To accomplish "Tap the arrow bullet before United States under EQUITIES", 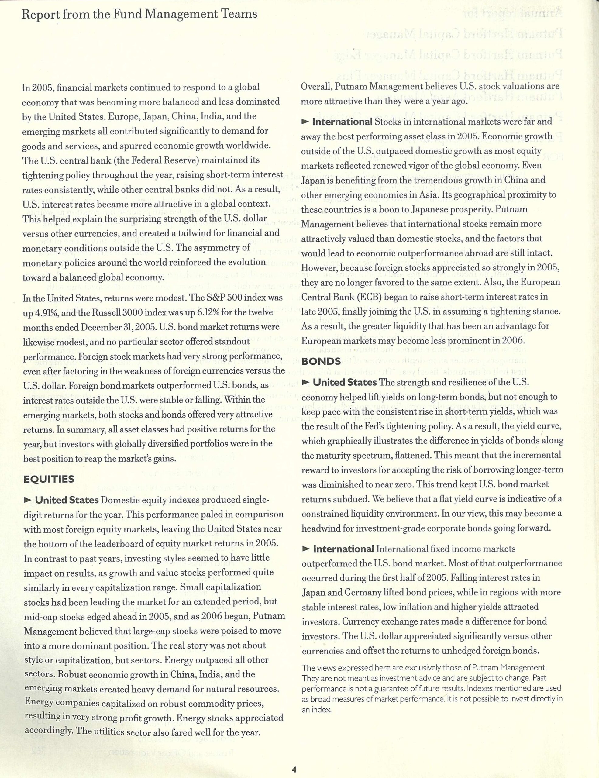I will [x=27, y=501].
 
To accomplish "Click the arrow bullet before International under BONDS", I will [x=305, y=549].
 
